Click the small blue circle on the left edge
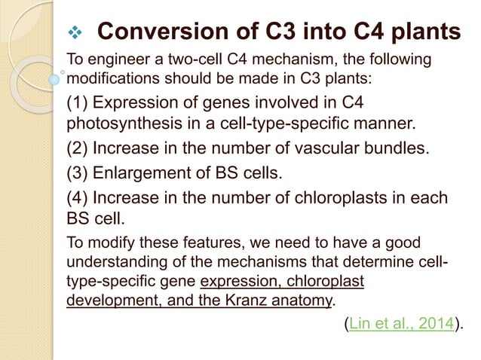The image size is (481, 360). coord(54,78)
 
